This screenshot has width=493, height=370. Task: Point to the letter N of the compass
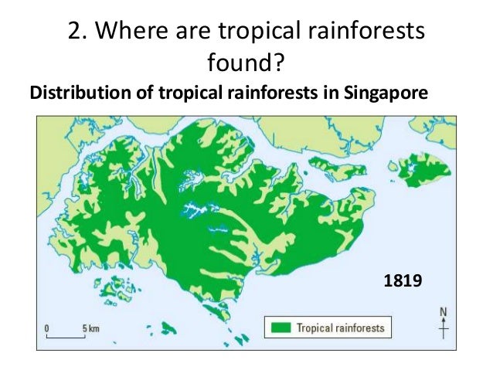[x=443, y=313]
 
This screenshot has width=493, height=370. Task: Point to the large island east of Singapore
[x=422, y=169]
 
